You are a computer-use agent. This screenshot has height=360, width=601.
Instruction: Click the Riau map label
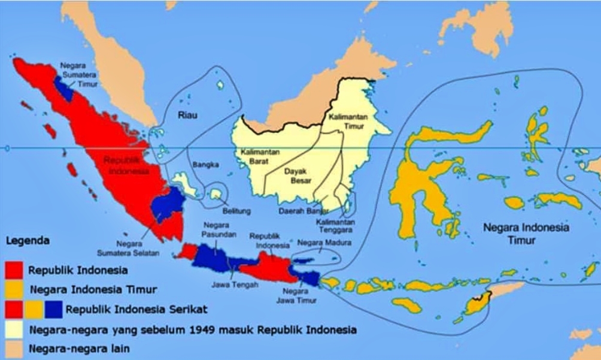187,114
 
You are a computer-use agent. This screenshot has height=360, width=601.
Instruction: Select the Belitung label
236,211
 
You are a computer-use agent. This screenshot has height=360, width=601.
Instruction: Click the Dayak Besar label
299,176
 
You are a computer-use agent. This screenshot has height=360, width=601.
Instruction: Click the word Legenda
28,241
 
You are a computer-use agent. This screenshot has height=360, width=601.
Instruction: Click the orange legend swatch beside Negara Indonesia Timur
14,289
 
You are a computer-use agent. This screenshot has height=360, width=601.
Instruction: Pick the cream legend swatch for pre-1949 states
14,329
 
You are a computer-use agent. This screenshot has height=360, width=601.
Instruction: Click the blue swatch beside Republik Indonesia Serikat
54,310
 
